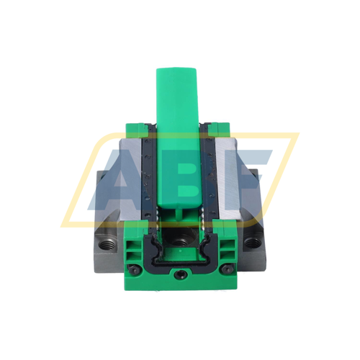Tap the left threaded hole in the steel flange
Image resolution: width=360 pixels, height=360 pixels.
click(x=106, y=243)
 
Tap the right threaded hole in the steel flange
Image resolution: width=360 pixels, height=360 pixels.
click(x=252, y=243)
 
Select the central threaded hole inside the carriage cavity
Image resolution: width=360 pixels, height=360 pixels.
click(x=179, y=234)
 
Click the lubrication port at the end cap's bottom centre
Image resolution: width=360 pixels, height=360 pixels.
click(x=179, y=274)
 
